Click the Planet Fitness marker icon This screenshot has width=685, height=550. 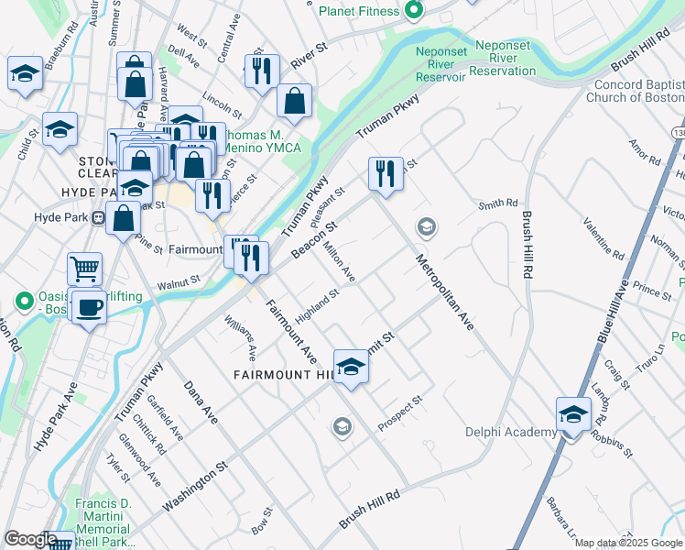click(x=413, y=11)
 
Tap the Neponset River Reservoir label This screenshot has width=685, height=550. click(x=440, y=64)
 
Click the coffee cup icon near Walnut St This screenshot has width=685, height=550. click(x=88, y=306)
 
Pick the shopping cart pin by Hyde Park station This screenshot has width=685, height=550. click(x=84, y=269)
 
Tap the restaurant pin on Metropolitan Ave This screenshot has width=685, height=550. click(x=386, y=171)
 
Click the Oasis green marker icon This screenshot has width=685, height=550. click(x=25, y=300)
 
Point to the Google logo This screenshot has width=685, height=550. click(x=30, y=539)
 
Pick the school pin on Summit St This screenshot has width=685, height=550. click(x=350, y=368)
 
